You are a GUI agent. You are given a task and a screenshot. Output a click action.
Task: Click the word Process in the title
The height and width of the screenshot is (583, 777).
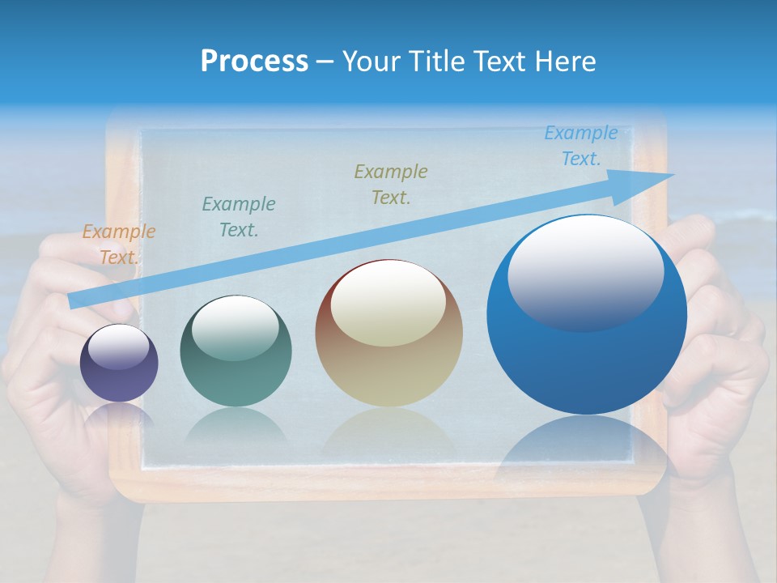254,62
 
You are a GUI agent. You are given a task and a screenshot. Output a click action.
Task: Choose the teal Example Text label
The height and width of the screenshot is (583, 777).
238,217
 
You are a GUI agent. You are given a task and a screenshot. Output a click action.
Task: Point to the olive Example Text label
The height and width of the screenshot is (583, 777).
391,184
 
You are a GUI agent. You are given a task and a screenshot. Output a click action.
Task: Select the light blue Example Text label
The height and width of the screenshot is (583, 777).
580,146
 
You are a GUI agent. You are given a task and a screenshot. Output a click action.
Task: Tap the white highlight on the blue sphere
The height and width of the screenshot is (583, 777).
585,272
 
